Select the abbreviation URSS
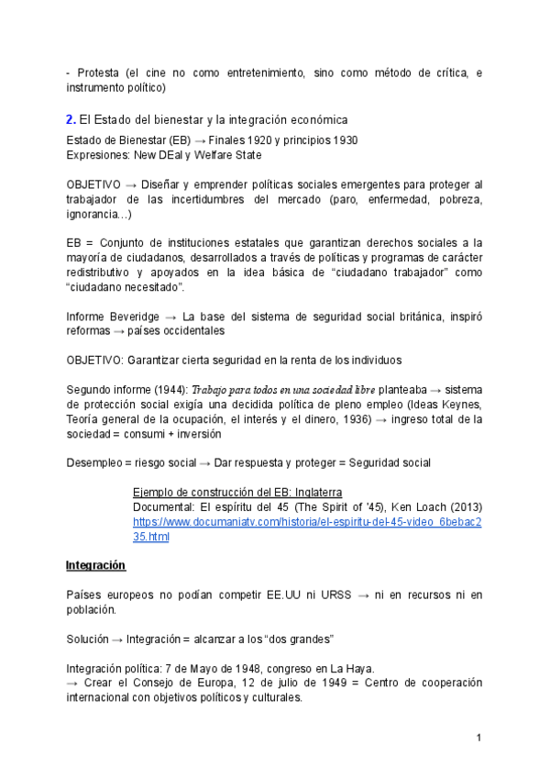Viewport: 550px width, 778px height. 335,595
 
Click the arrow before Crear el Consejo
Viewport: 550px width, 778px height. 74,684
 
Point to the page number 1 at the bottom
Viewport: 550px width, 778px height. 478,739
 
